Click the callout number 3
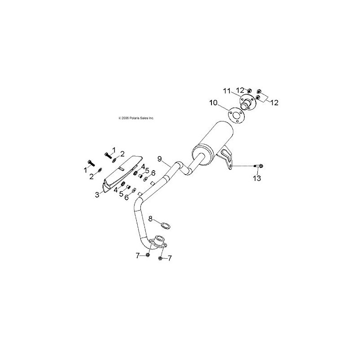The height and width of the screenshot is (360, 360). coord(97,195)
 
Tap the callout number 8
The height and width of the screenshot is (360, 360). coord(150,219)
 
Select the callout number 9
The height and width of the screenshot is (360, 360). coord(160,158)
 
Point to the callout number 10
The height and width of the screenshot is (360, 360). coord(213,103)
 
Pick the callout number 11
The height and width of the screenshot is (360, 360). coord(227,91)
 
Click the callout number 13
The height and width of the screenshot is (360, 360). coord(257,178)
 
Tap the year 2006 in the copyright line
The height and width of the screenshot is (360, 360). coord(125,118)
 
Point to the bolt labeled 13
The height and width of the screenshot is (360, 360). coord(258,166)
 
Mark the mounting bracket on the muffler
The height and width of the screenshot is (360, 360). coord(225,160)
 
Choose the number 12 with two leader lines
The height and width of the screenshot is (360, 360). coord(274,103)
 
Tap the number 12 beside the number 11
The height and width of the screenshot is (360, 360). coord(240,90)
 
